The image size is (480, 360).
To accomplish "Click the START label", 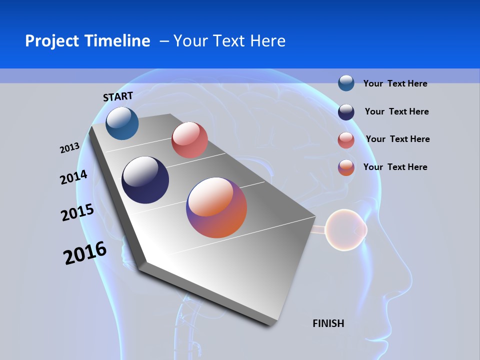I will (118, 96).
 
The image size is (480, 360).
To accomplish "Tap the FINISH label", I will (328, 323).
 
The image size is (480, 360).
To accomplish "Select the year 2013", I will (69, 148).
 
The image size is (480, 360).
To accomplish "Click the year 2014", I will (73, 177).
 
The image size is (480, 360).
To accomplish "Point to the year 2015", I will (77, 212).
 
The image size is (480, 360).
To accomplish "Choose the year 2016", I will (85, 253).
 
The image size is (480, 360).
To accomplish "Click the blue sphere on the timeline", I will (122, 123).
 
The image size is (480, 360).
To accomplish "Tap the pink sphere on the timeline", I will (189, 140).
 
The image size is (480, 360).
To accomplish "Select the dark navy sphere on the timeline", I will (145, 180).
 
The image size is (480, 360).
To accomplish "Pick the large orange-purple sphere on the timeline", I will (216, 207).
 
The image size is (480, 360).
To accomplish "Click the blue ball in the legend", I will (346, 83).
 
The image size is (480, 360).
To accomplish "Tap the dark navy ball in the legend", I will (346, 112).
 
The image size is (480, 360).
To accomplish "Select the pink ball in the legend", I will (346, 140).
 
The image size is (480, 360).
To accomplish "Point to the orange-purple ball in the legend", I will (346, 167).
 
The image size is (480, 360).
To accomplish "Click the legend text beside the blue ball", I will (395, 83).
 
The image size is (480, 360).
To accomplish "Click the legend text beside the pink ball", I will (397, 139).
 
